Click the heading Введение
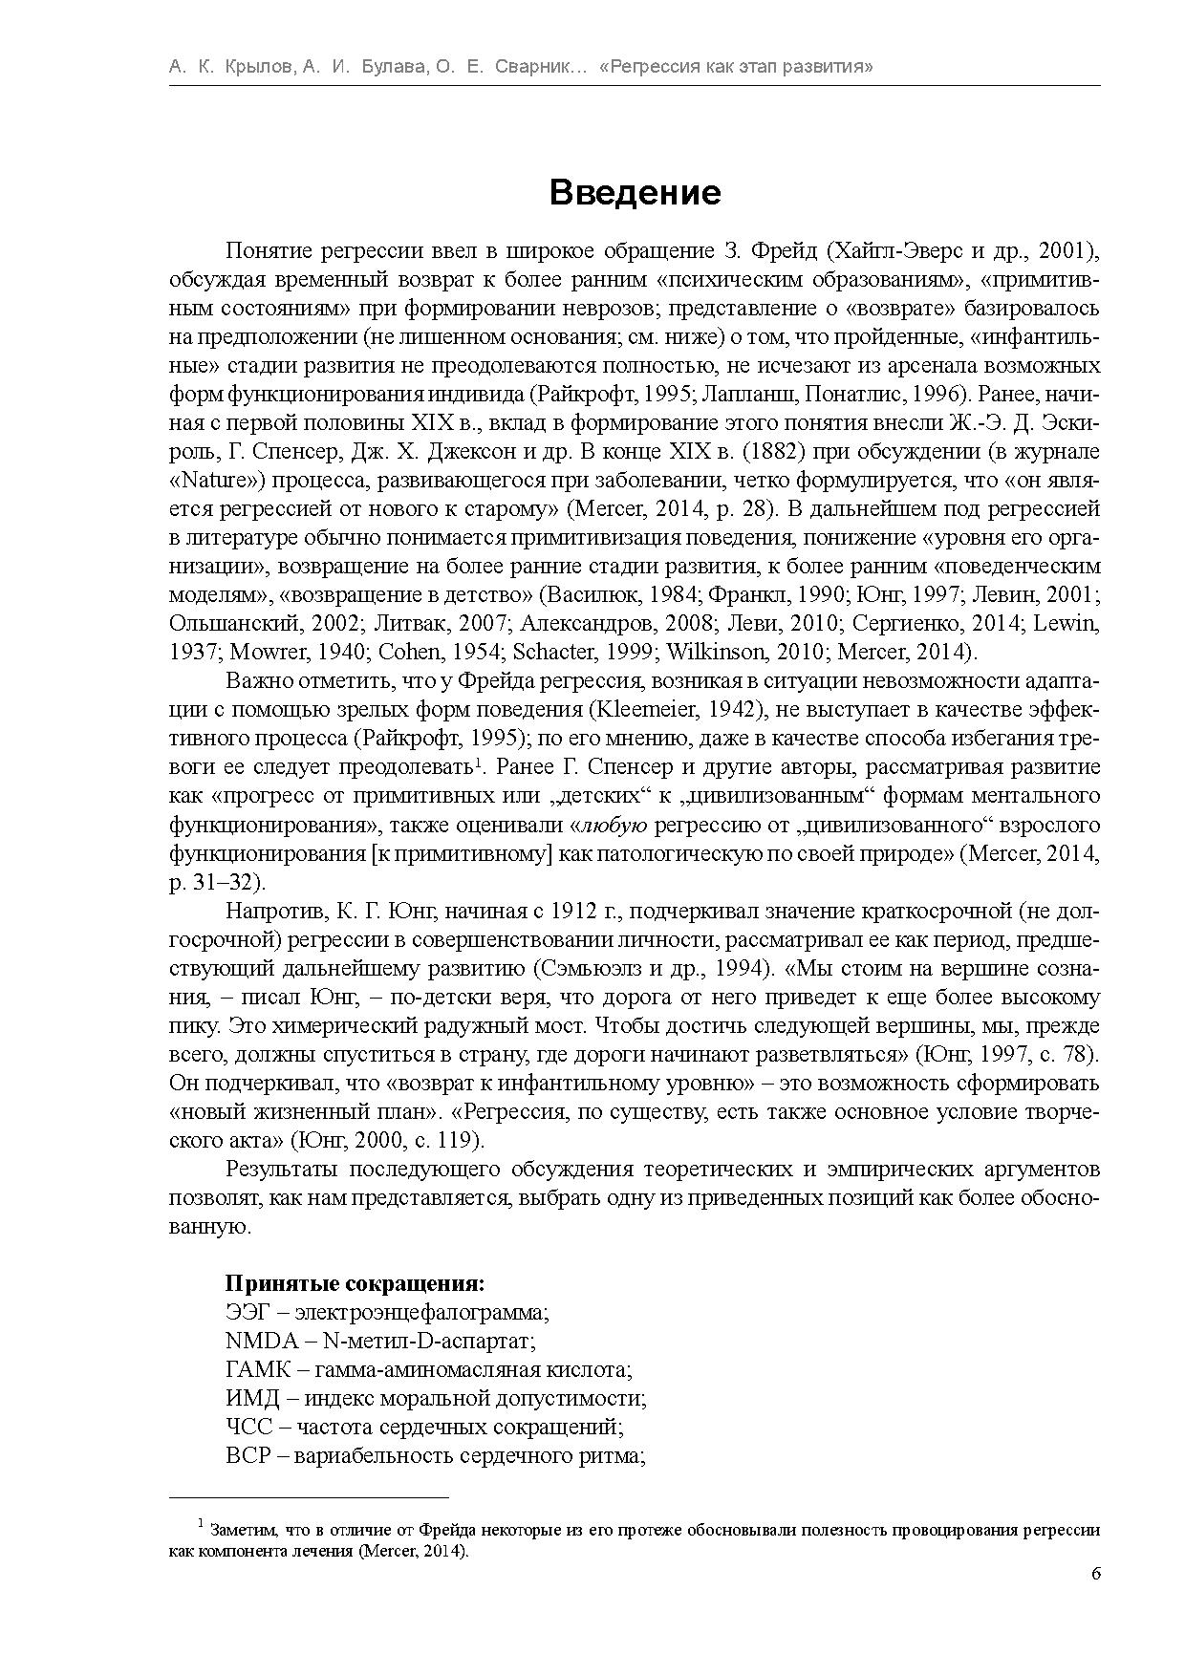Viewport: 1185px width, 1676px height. tap(635, 193)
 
